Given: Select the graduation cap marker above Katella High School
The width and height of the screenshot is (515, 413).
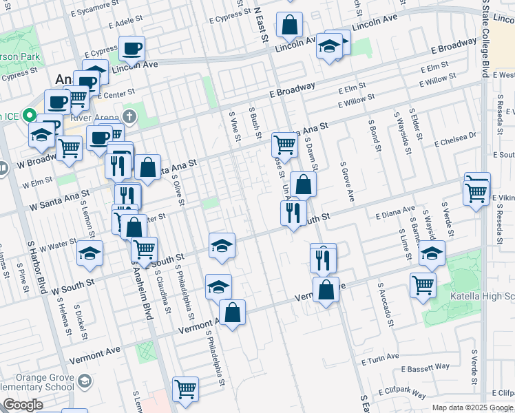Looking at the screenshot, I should [432, 255].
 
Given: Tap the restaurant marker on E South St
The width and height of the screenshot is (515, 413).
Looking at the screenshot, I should [294, 213].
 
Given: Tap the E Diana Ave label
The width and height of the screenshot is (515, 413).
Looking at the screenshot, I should [395, 212].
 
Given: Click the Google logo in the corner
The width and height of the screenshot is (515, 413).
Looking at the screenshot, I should [22, 405].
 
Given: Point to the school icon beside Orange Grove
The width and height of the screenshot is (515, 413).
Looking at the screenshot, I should [84, 381].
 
